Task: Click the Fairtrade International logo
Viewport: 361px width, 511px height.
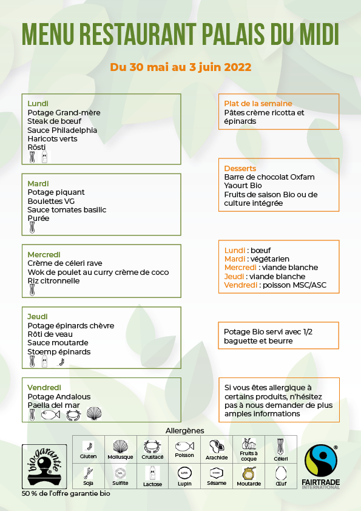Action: [322, 467]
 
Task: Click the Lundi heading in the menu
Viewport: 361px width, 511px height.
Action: [38, 103]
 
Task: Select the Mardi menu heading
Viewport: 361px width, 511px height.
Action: [38, 183]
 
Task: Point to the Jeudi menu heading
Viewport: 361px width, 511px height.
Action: [37, 317]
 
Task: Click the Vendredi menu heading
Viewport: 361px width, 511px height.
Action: [44, 388]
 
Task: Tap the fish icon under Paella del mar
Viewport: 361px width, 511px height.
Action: [50, 415]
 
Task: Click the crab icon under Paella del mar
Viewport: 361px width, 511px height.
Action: [73, 415]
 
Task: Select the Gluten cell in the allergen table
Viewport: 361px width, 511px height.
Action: [89, 450]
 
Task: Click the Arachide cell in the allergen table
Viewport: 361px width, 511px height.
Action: [217, 450]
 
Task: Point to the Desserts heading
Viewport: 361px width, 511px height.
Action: [240, 168]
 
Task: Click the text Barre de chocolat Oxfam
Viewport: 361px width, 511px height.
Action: [269, 177]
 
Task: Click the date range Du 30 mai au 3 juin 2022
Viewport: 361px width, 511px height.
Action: [181, 67]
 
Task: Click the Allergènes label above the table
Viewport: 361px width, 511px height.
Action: [184, 430]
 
